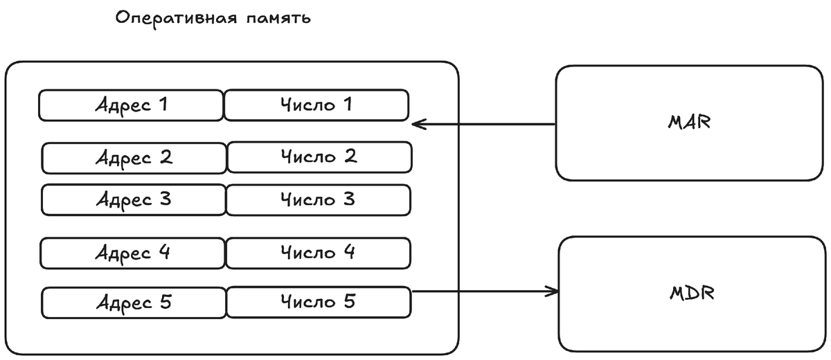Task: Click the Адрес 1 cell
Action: (131, 105)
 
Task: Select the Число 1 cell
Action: (316, 105)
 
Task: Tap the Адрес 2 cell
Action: (134, 158)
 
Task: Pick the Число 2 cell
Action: (319, 157)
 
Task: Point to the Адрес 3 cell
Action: (134, 200)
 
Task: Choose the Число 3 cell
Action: (318, 200)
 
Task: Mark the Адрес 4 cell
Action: (133, 253)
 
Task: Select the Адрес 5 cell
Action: (134, 303)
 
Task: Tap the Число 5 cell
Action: (319, 303)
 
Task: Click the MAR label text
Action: (690, 123)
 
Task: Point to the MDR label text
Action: (692, 293)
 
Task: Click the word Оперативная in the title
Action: (172, 18)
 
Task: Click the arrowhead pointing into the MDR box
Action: (554, 291)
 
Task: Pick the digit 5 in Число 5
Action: (349, 301)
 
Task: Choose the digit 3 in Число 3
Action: (348, 199)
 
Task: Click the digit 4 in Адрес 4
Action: (163, 253)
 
